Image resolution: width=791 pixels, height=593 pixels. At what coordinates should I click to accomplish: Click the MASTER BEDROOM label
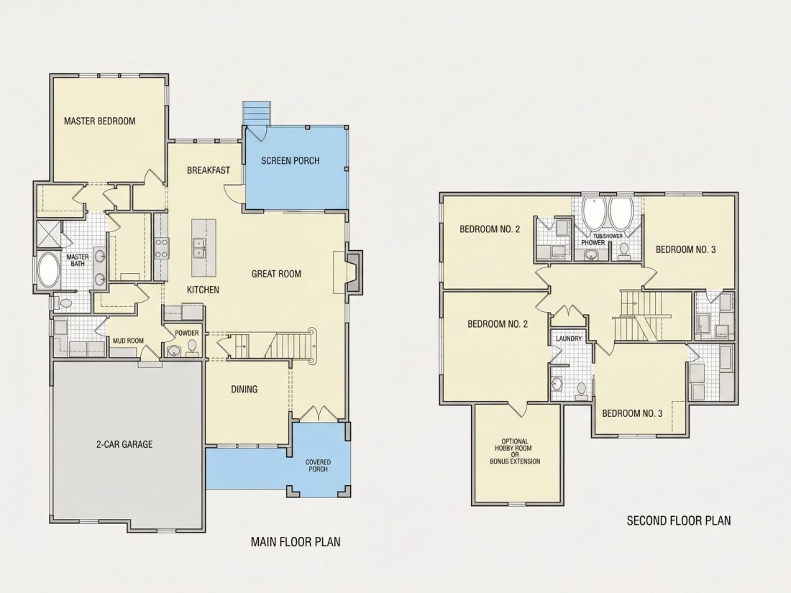pyautogui.click(x=99, y=121)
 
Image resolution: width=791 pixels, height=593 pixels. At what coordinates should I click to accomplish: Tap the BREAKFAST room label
pyautogui.click(x=209, y=170)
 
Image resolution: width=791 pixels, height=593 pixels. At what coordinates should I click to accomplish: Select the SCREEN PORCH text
pyautogui.click(x=290, y=161)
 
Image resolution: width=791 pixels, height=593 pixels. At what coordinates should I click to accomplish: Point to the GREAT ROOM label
pyautogui.click(x=276, y=274)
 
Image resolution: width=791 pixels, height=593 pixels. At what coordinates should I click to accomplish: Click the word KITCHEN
pyautogui.click(x=203, y=290)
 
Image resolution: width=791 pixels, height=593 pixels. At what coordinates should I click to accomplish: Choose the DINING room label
pyautogui.click(x=244, y=390)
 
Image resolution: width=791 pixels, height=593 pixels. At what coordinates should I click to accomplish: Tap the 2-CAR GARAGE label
pyautogui.click(x=124, y=445)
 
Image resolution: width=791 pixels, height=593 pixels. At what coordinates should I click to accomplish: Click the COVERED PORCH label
pyautogui.click(x=319, y=466)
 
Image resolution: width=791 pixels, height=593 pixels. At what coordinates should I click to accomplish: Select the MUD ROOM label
pyautogui.click(x=128, y=341)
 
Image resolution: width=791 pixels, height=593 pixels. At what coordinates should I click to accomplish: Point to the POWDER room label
pyautogui.click(x=187, y=334)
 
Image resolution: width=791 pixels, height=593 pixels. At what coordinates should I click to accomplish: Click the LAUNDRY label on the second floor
pyautogui.click(x=569, y=339)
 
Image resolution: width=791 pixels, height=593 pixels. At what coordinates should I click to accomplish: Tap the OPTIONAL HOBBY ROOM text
pyautogui.click(x=515, y=444)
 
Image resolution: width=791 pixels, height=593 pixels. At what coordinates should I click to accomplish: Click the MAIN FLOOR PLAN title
pyautogui.click(x=296, y=542)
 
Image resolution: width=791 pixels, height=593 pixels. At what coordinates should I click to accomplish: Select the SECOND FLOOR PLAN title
pyautogui.click(x=679, y=520)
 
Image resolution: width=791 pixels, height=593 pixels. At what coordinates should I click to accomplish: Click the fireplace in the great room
pyautogui.click(x=352, y=272)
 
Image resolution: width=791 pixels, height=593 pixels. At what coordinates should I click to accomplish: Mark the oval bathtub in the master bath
pyautogui.click(x=48, y=271)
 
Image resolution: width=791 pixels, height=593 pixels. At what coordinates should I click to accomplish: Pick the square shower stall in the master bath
pyautogui.click(x=48, y=234)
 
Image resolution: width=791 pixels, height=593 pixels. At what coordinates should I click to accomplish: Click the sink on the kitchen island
pyautogui.click(x=200, y=247)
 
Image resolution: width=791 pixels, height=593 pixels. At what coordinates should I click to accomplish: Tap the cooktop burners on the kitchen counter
pyautogui.click(x=161, y=247)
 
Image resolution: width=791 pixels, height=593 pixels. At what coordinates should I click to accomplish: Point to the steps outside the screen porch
pyautogui.click(x=257, y=113)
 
